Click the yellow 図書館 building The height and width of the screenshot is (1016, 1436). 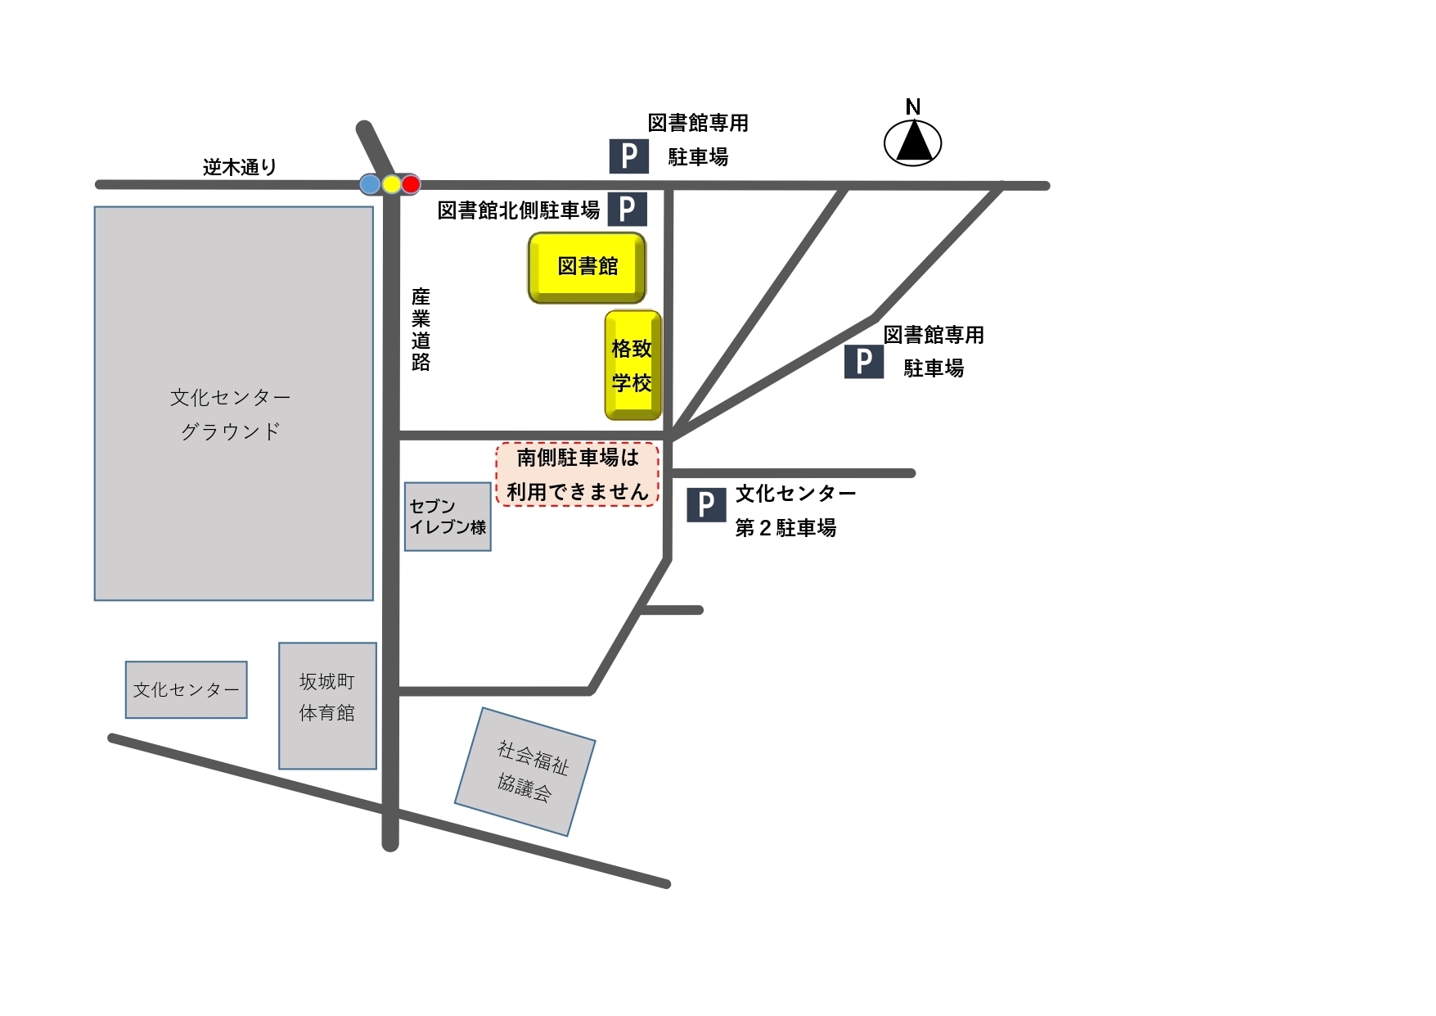point(587,267)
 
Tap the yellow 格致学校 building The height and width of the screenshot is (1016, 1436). point(632,365)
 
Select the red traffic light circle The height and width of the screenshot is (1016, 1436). point(411,184)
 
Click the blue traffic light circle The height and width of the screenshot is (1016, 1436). point(371,184)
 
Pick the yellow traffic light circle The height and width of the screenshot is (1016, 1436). point(391,184)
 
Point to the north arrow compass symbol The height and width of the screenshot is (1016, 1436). point(913,142)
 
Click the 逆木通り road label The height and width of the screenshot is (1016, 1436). point(240,167)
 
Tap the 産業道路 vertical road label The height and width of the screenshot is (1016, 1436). point(421,329)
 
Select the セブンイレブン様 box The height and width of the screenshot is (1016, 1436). point(448,517)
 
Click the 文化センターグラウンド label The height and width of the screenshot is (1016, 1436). point(231,414)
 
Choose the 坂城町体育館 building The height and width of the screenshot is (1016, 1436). point(327,705)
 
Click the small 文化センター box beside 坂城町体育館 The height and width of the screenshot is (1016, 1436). point(187,689)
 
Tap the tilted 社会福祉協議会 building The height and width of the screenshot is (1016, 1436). point(525,771)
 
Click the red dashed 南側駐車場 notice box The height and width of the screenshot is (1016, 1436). point(578,475)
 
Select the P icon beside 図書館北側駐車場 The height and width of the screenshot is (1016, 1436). point(628,209)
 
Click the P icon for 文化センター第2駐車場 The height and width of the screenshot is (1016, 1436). point(706,505)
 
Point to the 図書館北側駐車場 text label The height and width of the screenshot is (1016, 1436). point(519,210)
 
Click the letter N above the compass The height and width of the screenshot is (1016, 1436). point(913,106)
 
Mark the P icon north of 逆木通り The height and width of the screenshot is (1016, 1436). point(629,156)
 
